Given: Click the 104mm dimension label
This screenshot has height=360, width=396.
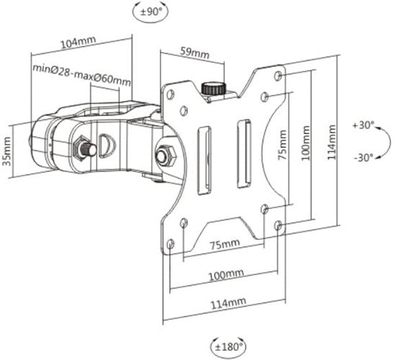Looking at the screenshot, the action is (x=78, y=42).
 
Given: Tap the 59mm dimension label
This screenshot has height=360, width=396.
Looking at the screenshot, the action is (x=194, y=53).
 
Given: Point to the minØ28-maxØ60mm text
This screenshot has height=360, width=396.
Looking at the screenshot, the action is (x=82, y=75).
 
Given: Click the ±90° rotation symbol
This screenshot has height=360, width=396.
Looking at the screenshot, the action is (x=150, y=12).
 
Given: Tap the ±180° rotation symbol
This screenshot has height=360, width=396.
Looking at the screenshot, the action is (x=228, y=346).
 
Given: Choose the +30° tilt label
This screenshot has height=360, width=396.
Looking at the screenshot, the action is (x=364, y=125).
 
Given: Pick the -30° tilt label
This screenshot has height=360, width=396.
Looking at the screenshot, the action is (x=364, y=158).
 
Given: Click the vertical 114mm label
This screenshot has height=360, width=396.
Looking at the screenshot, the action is (x=332, y=143).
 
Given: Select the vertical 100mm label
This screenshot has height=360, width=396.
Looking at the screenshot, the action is (x=305, y=143).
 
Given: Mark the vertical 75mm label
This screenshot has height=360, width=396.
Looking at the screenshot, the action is (x=283, y=145).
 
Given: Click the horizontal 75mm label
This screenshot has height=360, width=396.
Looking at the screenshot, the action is (x=225, y=244).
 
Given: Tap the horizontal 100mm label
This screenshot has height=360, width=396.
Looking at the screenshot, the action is (x=226, y=274).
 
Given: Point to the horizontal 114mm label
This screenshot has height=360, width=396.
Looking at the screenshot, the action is (x=228, y=303).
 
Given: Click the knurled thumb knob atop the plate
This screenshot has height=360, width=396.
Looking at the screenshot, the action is (x=214, y=89).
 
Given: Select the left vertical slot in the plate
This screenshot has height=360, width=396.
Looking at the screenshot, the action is (x=204, y=161).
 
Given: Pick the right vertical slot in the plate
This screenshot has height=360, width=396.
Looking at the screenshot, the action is (x=244, y=154).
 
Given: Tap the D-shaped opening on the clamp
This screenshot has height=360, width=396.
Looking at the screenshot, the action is (x=107, y=145).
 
